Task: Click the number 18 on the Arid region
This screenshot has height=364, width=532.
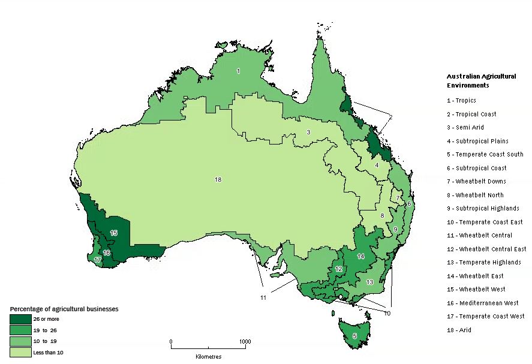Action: [x=218, y=179]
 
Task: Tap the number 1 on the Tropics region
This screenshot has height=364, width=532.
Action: [x=238, y=71]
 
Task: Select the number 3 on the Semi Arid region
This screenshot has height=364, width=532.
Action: [x=308, y=132]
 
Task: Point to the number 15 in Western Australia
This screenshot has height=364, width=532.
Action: [x=114, y=233]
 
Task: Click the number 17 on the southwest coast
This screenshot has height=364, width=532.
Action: [x=97, y=260]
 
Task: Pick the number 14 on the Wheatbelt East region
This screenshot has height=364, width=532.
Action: [x=360, y=256]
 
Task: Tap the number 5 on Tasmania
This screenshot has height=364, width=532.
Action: [x=354, y=336]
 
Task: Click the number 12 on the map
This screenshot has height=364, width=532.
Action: [x=339, y=269]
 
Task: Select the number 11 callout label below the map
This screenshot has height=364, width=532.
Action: [x=263, y=298]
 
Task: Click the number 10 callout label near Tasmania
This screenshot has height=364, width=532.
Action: [x=387, y=313]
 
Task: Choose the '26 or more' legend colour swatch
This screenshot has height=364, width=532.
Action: [x=20, y=319]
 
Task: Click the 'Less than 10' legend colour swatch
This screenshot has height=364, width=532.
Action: [x=20, y=352]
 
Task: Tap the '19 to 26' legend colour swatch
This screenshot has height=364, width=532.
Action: [x=20, y=330]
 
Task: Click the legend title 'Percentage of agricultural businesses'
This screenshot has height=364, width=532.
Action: [x=64, y=309]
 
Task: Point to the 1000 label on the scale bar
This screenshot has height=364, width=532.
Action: [x=245, y=341]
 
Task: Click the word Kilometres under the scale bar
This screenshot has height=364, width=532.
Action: [x=208, y=356]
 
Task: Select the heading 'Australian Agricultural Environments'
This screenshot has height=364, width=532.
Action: [x=481, y=81]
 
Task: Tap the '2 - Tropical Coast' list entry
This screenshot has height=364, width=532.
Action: [x=471, y=114]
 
